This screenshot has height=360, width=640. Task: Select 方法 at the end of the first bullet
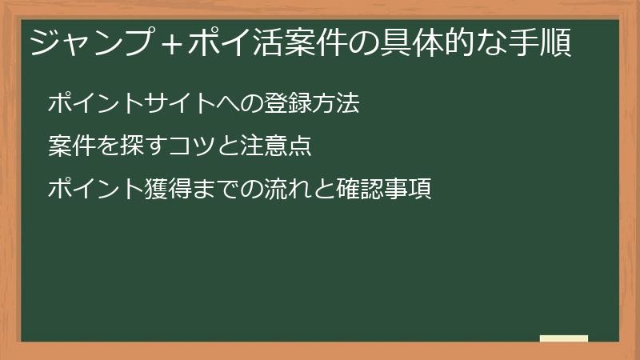coord(336,104)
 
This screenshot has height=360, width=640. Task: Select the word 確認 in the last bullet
coord(360,190)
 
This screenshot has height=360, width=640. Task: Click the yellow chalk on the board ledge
coord(564,338)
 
